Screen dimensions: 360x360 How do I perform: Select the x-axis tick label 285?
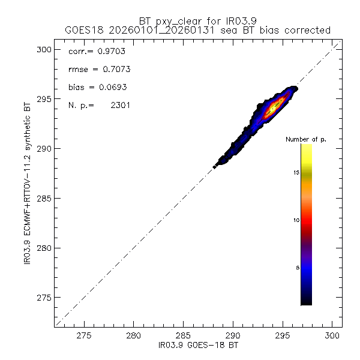[183, 337]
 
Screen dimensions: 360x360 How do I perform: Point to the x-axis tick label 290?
[233, 337]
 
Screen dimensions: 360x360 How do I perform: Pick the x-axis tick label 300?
[332, 337]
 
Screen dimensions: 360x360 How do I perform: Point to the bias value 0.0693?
[110, 88]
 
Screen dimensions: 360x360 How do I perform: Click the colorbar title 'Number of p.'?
[306, 139]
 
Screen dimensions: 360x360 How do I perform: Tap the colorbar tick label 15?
[296, 173]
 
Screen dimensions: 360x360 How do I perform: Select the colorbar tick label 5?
[298, 269]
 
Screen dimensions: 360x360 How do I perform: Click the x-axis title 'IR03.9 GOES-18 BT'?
[194, 346]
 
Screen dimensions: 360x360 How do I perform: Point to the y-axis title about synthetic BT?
[29, 186]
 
